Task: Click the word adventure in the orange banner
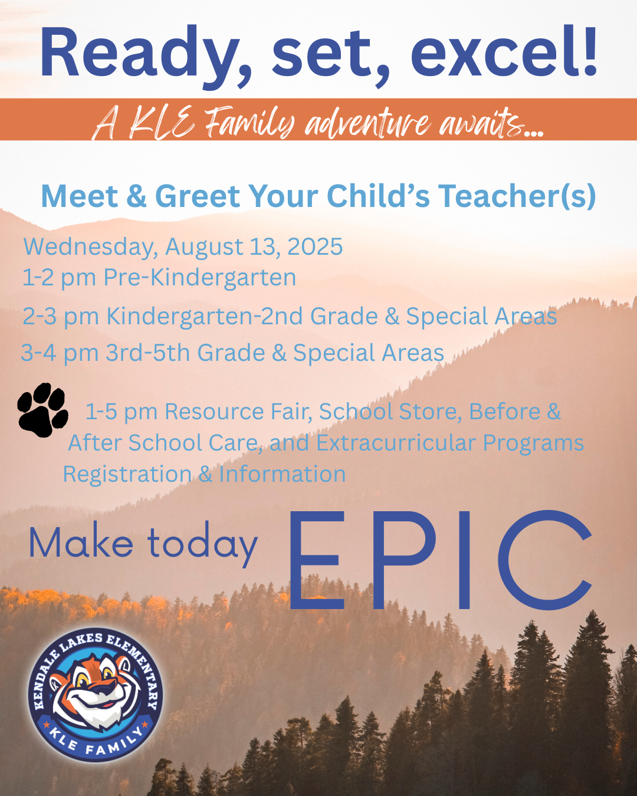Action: pyautogui.click(x=367, y=122)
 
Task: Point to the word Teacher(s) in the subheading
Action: pyautogui.click(x=517, y=196)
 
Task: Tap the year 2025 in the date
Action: pyautogui.click(x=315, y=246)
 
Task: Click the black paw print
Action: pyautogui.click(x=42, y=410)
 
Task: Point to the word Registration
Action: pyautogui.click(x=127, y=474)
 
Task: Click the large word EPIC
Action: pyautogui.click(x=440, y=560)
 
